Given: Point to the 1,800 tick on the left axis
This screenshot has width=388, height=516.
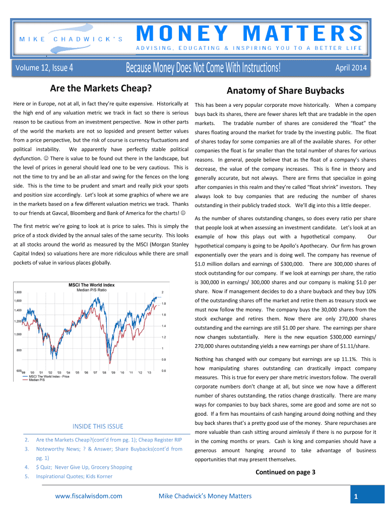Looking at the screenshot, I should click(x=18, y=292).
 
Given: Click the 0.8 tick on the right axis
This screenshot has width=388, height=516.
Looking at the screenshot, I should click(x=164, y=359).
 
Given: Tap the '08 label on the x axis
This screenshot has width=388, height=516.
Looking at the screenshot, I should click(x=104, y=373).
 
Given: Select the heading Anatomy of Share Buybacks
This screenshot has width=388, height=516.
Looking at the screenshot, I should click(x=285, y=91).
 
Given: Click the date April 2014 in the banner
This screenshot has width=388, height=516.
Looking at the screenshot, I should click(x=351, y=68).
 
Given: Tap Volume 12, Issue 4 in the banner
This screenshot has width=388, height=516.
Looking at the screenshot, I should click(x=44, y=68).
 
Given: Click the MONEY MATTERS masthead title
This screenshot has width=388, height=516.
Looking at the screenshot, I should click(x=249, y=33).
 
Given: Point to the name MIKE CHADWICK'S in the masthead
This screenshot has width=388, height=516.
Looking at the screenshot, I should click(x=71, y=39).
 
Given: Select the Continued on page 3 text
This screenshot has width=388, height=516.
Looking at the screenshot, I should click(x=285, y=472).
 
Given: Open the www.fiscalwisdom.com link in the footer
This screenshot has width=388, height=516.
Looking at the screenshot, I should click(x=89, y=496).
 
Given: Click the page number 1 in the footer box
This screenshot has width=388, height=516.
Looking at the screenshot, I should click(x=356, y=497).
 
